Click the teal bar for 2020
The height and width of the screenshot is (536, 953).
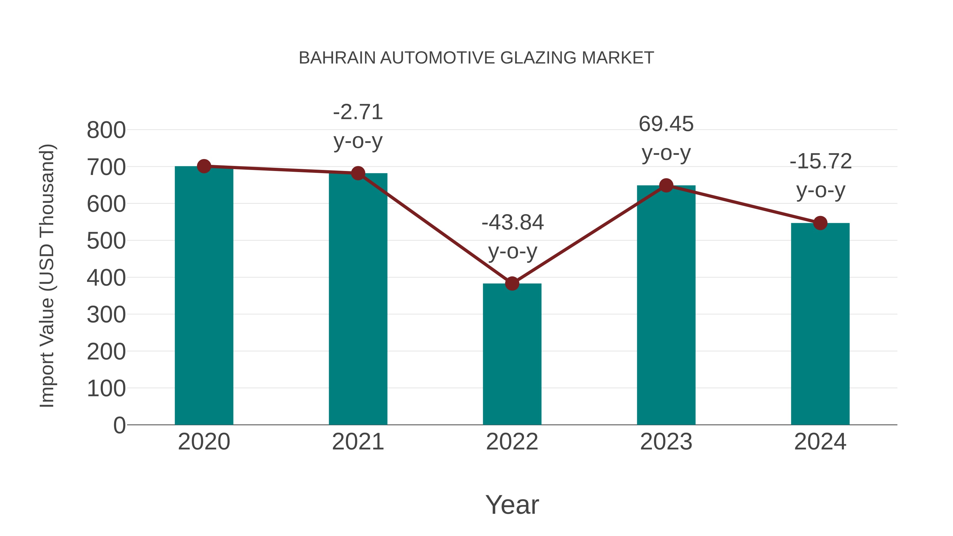[204, 296]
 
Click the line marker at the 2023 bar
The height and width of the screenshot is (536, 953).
[666, 185]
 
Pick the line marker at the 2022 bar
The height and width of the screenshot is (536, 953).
[512, 284]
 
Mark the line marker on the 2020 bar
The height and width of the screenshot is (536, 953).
[204, 166]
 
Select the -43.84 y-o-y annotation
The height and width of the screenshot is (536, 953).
[513, 237]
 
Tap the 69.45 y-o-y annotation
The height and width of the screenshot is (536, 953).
[666, 138]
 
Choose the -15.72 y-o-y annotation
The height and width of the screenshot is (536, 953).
[821, 176]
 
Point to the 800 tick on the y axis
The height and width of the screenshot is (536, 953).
[106, 130]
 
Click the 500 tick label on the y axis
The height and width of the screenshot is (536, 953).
[106, 241]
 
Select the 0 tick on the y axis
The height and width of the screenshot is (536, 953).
[119, 425]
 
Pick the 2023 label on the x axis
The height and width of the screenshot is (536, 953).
[666, 442]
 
